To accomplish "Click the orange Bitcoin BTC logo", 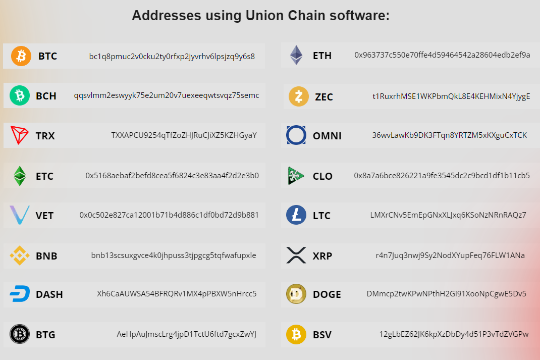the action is click(21, 56).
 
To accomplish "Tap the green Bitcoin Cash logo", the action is click(20, 95).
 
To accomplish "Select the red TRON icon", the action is click(20, 135).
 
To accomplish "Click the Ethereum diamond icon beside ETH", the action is click(296, 56).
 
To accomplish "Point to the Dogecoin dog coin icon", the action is click(296, 294).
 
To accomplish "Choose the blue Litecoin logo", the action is click(296, 215).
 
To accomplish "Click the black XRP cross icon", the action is click(296, 255).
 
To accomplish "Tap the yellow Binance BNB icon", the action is click(20, 255).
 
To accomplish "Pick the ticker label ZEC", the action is click(324, 97).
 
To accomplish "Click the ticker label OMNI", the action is click(327, 136).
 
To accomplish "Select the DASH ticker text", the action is click(49, 294).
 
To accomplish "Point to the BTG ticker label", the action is click(45, 335).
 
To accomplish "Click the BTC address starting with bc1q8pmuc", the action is click(172, 56).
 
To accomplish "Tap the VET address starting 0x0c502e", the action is click(169, 215).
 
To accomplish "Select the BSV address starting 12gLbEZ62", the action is click(454, 334).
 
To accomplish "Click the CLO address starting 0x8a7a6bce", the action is click(442, 176).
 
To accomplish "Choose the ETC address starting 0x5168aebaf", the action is click(172, 176).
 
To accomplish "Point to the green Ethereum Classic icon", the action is click(20, 176).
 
